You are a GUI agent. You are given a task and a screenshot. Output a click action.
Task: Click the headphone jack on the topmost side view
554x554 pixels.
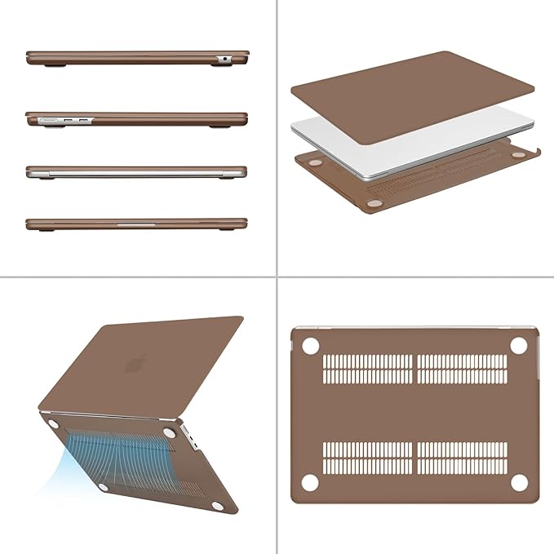[x=223, y=59]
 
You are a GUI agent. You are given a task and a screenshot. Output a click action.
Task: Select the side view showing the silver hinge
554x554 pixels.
[x=135, y=172]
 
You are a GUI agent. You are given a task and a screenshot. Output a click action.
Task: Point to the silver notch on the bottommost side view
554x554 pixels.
[x=135, y=221]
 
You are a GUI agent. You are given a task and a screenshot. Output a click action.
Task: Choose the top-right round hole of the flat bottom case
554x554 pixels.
[x=516, y=345]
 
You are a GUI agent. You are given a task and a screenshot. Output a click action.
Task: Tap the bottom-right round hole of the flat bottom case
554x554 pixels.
[x=516, y=482]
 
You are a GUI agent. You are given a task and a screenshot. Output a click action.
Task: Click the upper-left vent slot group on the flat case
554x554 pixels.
[x=368, y=369]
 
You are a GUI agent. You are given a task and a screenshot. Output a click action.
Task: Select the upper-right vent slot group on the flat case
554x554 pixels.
[x=462, y=369]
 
